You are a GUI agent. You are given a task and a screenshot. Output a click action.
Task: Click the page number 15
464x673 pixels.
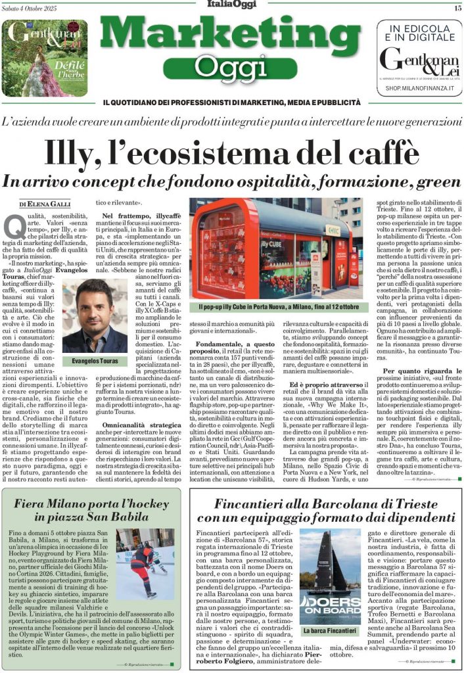pos(457,8)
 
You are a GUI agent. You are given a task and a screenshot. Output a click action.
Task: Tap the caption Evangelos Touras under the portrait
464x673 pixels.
pos(95,361)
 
